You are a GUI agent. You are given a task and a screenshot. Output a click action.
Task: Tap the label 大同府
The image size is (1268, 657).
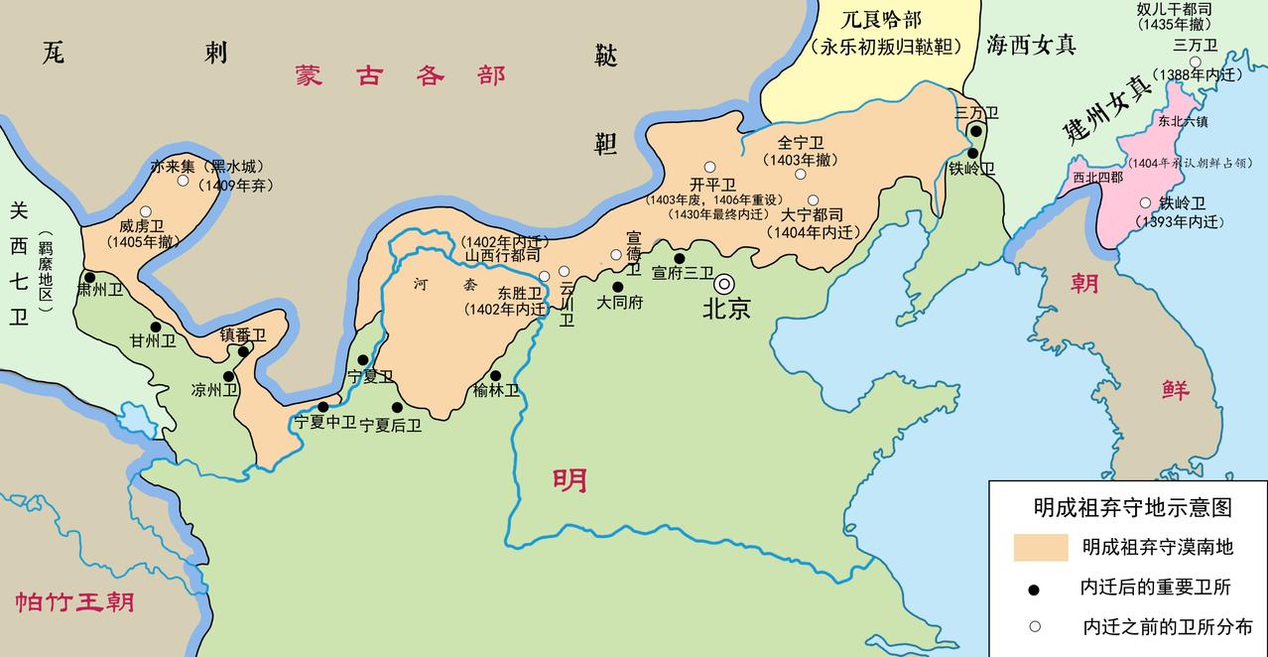point(620,303)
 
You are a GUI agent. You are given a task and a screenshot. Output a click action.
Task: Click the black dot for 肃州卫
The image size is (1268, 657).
point(89,278)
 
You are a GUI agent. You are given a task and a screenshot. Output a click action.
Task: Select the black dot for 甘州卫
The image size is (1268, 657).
point(156,327)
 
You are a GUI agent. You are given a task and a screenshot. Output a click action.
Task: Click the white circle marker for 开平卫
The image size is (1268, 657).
point(709,167)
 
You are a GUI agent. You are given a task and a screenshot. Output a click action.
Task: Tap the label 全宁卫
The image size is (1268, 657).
point(800,143)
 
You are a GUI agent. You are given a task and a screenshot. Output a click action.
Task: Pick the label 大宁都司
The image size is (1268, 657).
point(812,214)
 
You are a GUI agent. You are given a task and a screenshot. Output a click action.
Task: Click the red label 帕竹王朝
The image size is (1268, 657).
point(74,601)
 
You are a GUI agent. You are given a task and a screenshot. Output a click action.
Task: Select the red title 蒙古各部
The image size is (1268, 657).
point(399,76)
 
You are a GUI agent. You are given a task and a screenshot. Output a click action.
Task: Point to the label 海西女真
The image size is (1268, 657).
point(1031,44)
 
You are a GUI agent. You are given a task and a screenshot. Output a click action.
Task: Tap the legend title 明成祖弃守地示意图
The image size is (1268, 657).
point(1132,506)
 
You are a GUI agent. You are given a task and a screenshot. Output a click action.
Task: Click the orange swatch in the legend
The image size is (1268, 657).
point(1041,547)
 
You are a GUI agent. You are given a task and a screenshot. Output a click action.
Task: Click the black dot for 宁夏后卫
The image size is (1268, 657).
point(397,407)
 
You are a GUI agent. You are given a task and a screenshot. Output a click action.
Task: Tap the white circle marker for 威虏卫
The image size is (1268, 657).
point(146,211)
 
